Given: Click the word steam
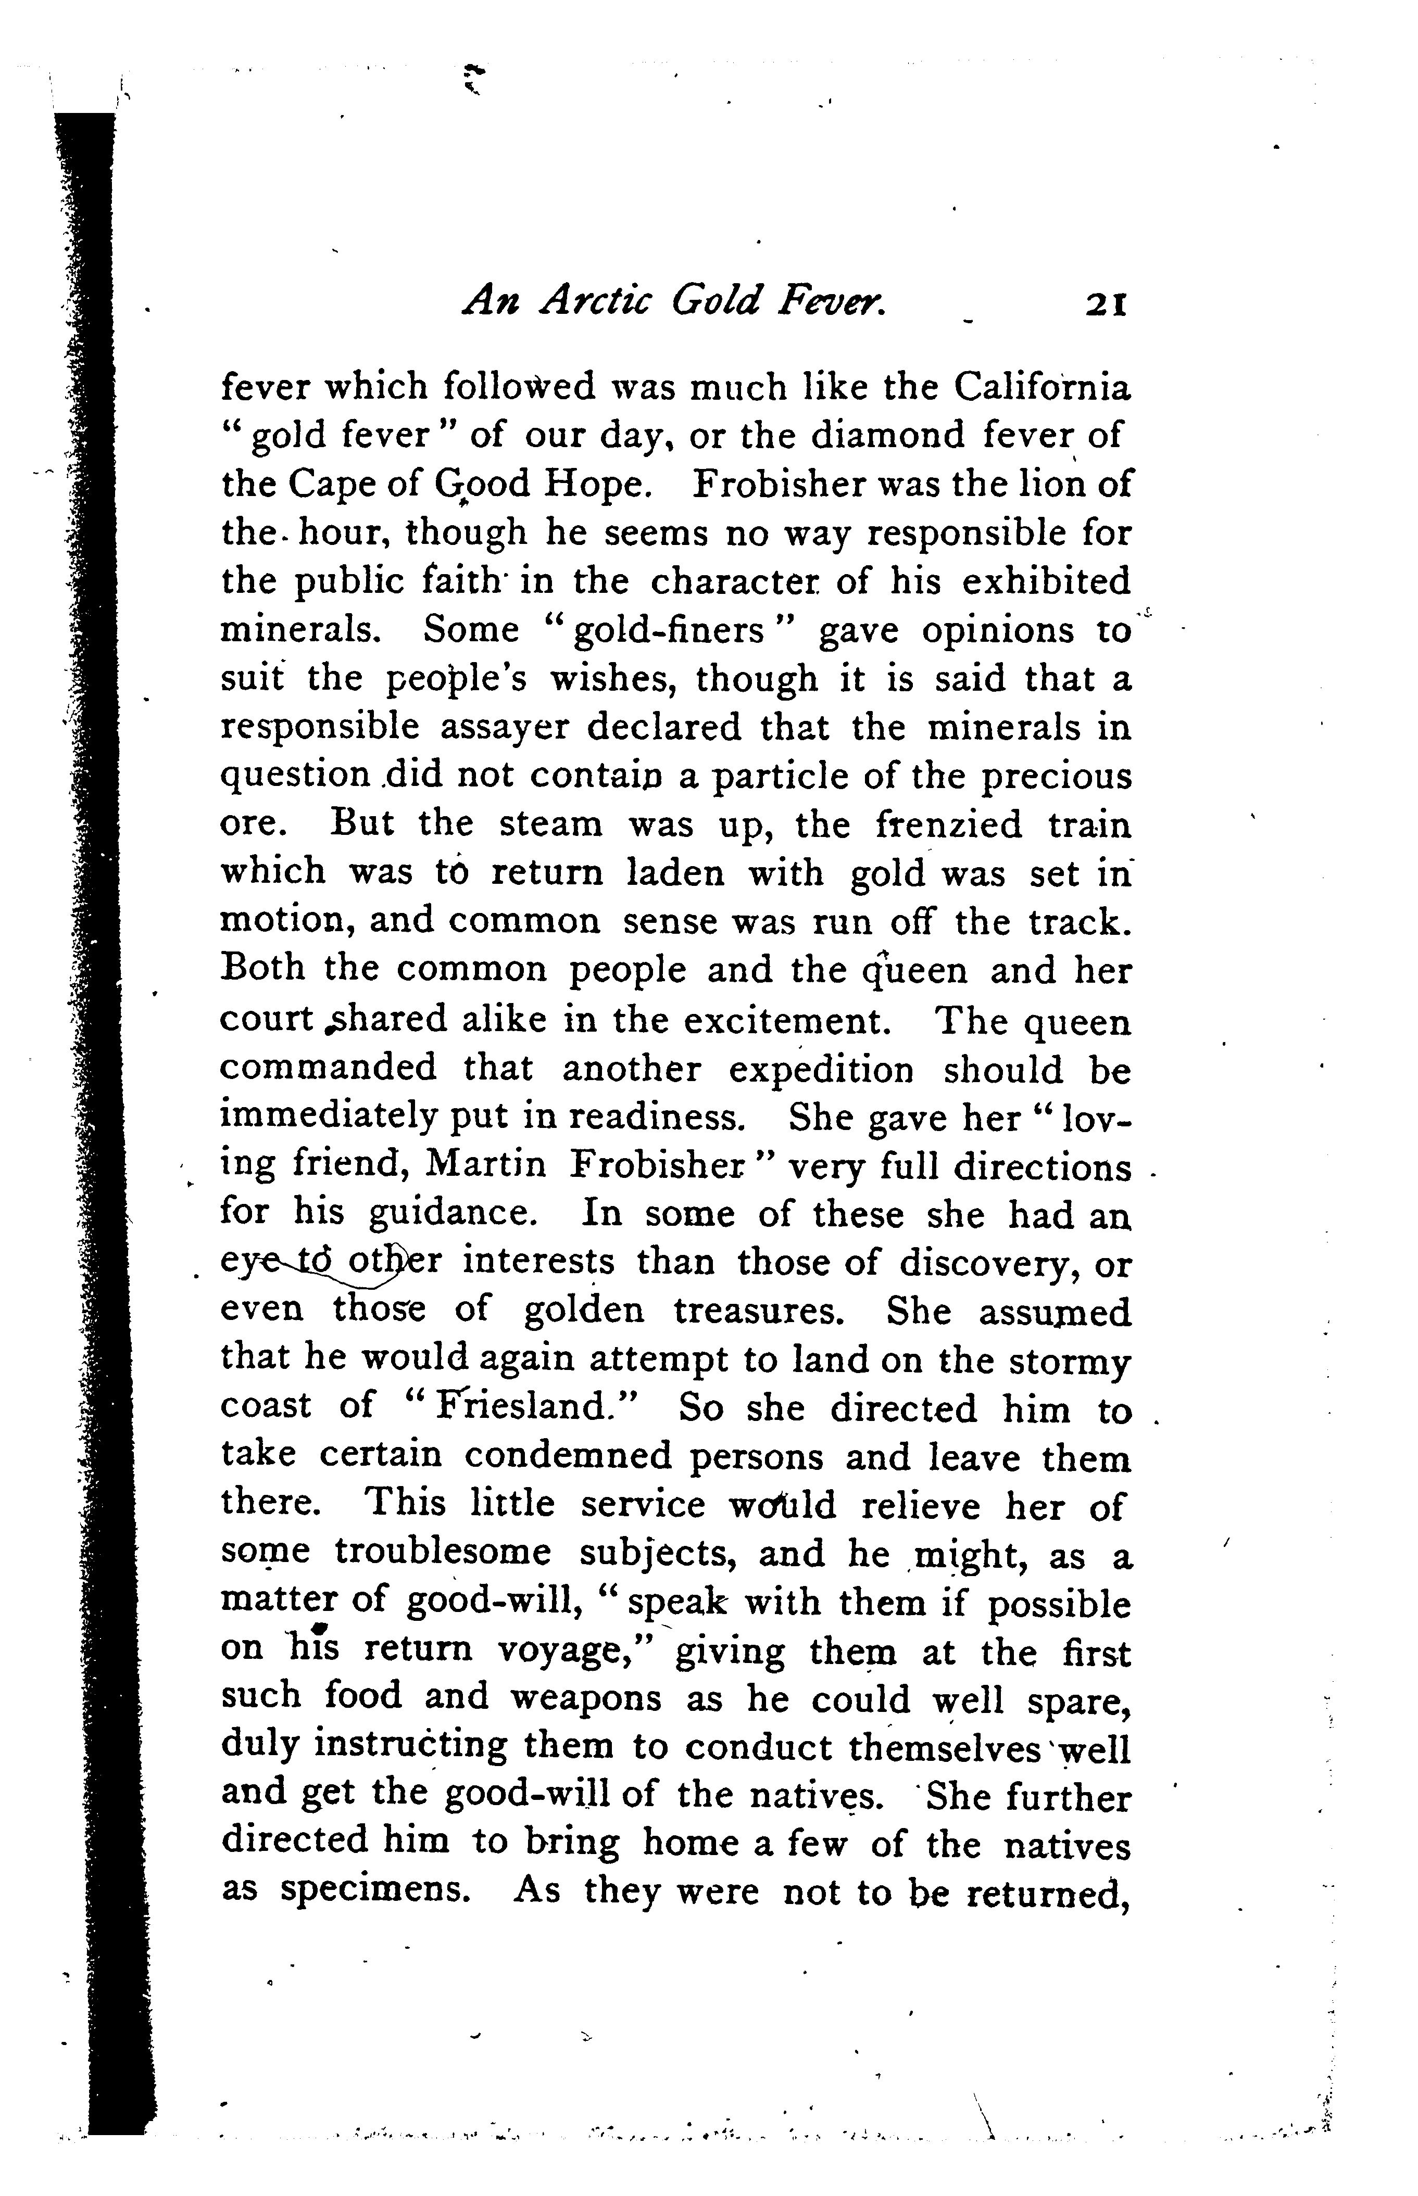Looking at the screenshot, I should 550,824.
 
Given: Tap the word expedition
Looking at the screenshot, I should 821,1070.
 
